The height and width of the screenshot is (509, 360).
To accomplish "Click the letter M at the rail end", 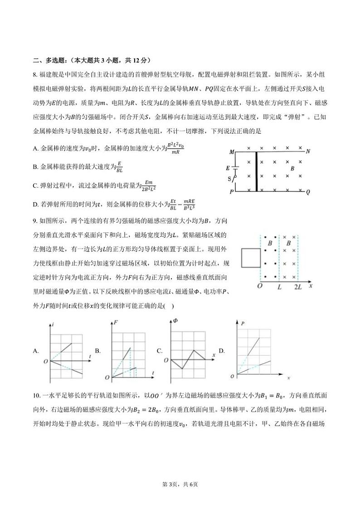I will pyautogui.click(x=232, y=152).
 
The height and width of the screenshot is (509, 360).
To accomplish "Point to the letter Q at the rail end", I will pyautogui.click(x=308, y=192).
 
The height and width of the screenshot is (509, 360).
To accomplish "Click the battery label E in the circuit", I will pyautogui.click(x=228, y=168).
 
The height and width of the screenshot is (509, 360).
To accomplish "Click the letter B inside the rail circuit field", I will pyautogui.click(x=292, y=168).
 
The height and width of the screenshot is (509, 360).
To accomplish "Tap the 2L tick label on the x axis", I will pyautogui.click(x=298, y=287).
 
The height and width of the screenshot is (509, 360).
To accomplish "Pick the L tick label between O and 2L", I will pyautogui.click(x=279, y=287).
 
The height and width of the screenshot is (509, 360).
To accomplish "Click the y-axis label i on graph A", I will pyautogui.click(x=54, y=324).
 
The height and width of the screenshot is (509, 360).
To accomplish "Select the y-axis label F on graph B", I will pyautogui.click(x=116, y=323).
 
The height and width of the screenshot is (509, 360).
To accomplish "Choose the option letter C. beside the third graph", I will pyautogui.click(x=160, y=351).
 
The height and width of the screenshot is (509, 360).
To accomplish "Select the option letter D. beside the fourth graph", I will pyautogui.click(x=222, y=351).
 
